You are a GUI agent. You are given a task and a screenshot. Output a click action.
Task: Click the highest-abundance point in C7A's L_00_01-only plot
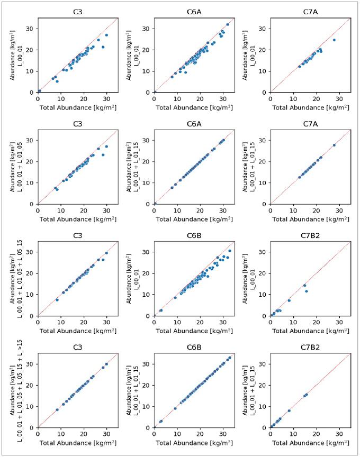(x=334, y=40)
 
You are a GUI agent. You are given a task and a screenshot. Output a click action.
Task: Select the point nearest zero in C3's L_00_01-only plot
(x=39, y=91)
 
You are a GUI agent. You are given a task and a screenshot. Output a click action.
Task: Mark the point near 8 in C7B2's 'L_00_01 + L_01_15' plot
(x=289, y=410)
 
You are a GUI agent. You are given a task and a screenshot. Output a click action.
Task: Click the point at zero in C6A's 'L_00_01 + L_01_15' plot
(x=155, y=203)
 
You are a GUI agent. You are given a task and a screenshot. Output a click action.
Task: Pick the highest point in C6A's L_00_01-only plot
(x=228, y=24)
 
